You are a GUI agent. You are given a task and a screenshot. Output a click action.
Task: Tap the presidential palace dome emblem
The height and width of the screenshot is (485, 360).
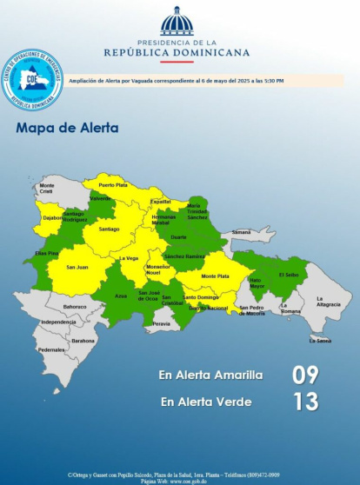tap(177, 22)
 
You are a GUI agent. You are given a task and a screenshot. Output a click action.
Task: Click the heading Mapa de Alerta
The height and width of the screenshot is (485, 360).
tap(68, 129)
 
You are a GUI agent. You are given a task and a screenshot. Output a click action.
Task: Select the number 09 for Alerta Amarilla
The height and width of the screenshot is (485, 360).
tap(304, 375)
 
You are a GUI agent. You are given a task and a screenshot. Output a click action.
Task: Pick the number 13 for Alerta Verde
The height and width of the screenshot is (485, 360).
tap(304, 402)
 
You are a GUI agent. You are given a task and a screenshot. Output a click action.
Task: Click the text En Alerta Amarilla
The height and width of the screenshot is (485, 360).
tap(210, 375)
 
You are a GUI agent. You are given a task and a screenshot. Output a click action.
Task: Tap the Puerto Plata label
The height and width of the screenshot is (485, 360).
tap(113, 185)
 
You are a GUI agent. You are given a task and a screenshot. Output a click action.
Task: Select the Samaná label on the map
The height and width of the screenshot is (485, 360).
tap(241, 232)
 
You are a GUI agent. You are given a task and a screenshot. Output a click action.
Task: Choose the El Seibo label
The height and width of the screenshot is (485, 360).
tap(289, 275)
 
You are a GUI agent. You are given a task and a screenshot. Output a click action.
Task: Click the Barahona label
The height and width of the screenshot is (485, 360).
tap(83, 341)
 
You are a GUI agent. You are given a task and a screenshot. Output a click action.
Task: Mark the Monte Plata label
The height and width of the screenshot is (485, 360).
tap(215, 276)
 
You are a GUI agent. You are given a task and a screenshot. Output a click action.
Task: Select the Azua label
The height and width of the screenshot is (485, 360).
tap(121, 296)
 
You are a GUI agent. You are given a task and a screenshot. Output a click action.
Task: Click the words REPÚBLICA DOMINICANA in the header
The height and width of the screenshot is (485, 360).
tap(177, 52)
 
